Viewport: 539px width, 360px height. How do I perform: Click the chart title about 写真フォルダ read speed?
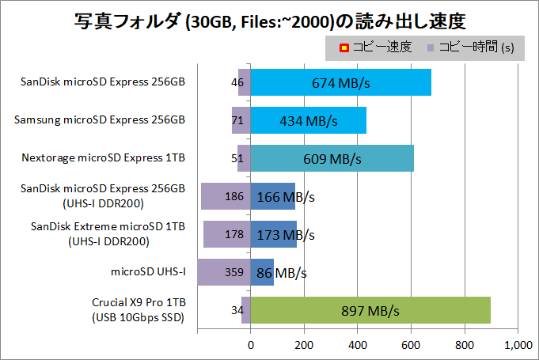[269, 19]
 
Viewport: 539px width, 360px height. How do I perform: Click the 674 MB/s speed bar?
[341, 82]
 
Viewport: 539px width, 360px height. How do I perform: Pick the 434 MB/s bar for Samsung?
[309, 120]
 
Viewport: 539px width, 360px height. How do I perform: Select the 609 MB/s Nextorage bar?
[332, 158]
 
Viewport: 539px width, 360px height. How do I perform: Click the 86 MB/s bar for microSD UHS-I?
[262, 272]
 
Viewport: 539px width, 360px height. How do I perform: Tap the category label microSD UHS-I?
[148, 272]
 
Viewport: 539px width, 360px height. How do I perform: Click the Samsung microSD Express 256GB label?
[100, 120]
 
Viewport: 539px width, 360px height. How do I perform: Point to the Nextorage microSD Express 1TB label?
[103, 158]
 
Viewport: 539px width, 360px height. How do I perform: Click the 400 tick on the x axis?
[358, 345]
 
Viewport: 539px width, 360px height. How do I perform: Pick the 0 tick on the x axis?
[251, 345]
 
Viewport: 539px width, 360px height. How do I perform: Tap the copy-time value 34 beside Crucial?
[236, 310]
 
